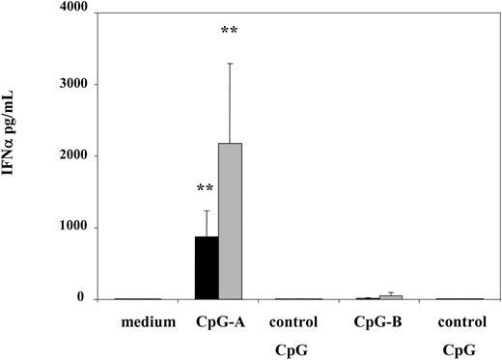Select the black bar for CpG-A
pos(208,268)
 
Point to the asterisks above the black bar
pos(206,188)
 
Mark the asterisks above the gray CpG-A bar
pos(230,31)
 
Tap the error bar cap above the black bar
pos(208,210)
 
